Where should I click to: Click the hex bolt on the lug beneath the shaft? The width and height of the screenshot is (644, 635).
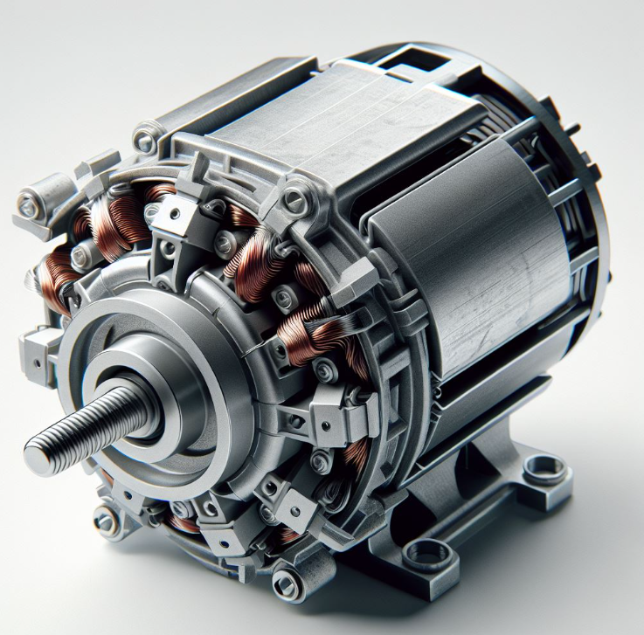coord(105,521)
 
